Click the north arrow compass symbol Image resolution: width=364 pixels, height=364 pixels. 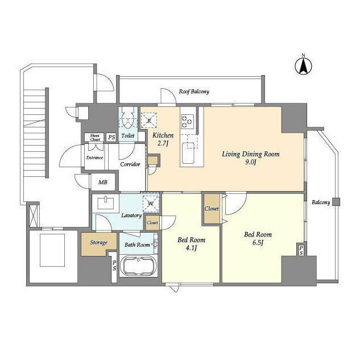303,66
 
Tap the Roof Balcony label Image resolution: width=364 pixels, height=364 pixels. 194,92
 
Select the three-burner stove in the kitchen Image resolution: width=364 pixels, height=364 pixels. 188,121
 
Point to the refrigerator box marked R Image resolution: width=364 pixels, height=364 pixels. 149,120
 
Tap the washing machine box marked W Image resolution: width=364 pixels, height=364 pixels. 151,204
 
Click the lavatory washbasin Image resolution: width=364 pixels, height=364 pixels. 106,203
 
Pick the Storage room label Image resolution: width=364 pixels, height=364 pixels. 98,242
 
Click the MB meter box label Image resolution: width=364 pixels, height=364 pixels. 102,183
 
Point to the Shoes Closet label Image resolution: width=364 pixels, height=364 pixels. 95,138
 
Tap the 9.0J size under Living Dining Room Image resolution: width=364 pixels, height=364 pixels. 250,162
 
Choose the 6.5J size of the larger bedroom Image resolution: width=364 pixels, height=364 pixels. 258,243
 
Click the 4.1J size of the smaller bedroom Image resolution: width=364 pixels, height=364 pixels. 191,248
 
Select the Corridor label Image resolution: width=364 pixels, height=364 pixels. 130,164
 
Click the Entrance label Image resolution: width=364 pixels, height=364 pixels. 94,158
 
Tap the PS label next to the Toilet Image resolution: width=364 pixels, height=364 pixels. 111,137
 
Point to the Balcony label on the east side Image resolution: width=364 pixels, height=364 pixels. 321,202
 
